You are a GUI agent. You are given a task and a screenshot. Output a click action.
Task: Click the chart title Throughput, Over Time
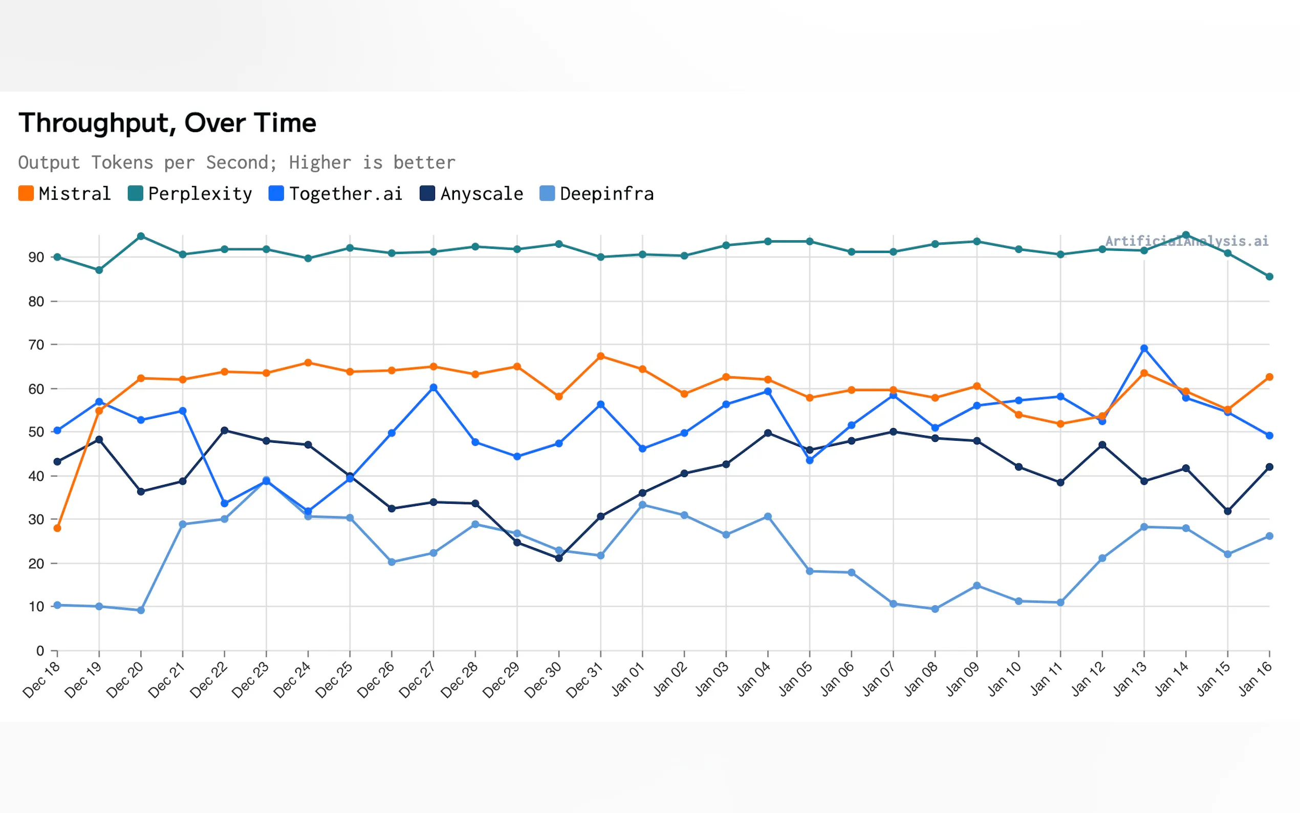click(167, 123)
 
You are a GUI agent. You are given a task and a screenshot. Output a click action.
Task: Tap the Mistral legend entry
click(64, 194)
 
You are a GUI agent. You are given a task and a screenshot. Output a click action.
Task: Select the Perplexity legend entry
click(190, 194)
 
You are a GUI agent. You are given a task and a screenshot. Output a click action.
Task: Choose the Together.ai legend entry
click(335, 194)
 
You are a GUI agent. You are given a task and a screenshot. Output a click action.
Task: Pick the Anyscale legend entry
click(471, 194)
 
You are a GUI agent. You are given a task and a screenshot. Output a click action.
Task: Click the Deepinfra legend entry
click(597, 194)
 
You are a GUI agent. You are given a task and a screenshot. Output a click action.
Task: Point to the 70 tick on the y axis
click(36, 345)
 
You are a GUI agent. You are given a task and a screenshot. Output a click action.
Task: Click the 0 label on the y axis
click(40, 651)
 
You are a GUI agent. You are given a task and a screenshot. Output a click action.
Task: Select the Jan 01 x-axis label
click(627, 680)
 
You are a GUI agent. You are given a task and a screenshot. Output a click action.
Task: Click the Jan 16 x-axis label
click(1254, 680)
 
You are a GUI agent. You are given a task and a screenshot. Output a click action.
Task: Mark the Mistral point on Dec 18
click(57, 528)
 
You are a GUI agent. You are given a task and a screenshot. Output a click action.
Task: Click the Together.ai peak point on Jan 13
click(1144, 349)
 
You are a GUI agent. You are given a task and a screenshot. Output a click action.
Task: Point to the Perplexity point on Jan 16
click(1269, 276)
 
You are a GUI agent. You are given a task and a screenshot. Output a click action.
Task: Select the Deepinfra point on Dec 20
click(141, 610)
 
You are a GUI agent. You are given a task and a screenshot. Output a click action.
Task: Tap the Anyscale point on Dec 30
click(559, 558)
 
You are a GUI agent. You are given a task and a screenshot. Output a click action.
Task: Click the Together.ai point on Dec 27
click(433, 388)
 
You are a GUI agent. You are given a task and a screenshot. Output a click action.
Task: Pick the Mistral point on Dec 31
click(601, 356)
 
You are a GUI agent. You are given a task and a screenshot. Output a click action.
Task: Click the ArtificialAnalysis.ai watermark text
click(1186, 241)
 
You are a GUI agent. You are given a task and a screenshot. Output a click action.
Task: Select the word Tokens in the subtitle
click(122, 162)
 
